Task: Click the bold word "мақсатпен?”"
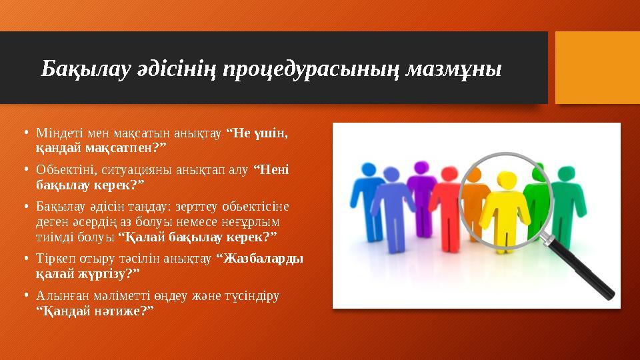[129, 145]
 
